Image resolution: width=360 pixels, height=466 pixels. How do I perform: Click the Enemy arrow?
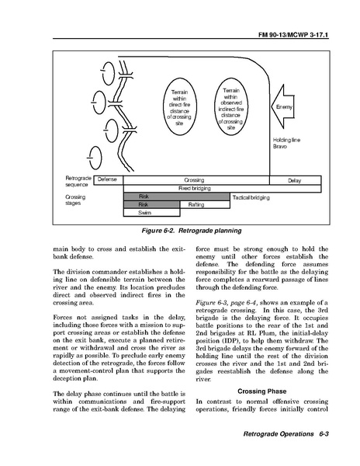point(283,106)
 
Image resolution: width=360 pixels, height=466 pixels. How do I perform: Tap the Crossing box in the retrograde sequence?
point(196,180)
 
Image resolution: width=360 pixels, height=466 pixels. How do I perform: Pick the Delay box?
point(296,180)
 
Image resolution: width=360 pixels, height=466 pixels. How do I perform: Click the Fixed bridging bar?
point(223,189)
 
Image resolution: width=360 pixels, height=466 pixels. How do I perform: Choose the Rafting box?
point(205,204)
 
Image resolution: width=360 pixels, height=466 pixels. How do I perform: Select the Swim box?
point(151,213)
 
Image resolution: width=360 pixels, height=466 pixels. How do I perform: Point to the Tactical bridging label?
point(251,197)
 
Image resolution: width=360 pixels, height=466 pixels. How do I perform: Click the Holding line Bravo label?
point(286,143)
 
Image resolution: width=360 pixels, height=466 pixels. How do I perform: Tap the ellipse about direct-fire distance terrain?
point(179,106)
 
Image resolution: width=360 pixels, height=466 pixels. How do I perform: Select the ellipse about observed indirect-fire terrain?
point(230,106)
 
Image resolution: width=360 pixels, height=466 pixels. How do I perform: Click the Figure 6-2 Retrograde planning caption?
point(192,231)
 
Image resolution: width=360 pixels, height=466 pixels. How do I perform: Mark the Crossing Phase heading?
point(262,391)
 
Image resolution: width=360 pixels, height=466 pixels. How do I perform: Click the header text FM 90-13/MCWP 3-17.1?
point(293,35)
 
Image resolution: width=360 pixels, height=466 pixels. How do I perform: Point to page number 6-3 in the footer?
point(324,433)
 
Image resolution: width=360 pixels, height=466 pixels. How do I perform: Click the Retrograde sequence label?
point(78,181)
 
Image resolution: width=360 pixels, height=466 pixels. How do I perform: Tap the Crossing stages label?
point(75,200)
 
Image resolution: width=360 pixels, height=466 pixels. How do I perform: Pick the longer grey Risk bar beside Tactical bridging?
point(177,196)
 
